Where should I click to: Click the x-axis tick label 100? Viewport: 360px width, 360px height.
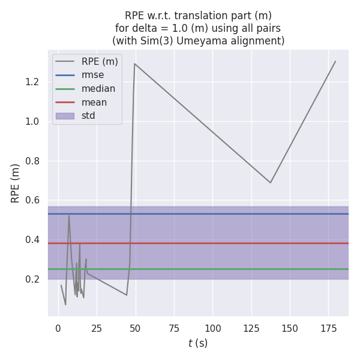(213, 329)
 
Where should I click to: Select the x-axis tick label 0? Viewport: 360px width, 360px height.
(58, 329)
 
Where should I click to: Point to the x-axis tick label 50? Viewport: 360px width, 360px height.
(136, 329)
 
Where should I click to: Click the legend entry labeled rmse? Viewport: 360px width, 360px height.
(92, 75)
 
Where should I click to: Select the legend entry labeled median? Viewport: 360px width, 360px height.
(98, 89)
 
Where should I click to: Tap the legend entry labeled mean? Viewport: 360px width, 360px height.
(94, 102)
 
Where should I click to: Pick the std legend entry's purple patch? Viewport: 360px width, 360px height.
(65, 116)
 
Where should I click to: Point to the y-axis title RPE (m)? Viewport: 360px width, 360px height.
(16, 183)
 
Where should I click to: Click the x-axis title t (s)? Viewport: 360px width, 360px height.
(198, 343)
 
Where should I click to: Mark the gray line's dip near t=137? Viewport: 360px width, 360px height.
(271, 182)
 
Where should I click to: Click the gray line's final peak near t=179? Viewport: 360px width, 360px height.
(335, 61)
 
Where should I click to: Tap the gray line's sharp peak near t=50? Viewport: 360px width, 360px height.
(135, 64)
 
